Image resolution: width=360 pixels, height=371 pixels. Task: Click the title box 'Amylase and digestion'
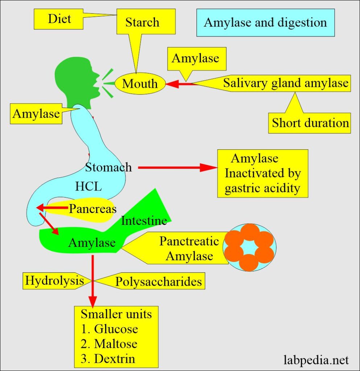265,22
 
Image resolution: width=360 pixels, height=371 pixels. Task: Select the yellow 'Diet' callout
60,18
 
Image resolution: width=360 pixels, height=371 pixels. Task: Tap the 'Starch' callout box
142,22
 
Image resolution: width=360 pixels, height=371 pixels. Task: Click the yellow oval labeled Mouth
140,84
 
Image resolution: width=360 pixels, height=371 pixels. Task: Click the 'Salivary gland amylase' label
285,83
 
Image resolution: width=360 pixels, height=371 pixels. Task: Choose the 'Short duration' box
310,123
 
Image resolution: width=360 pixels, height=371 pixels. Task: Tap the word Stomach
108,167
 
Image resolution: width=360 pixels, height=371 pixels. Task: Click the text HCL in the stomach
88,187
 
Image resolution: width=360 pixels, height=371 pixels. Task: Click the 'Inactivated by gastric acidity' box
262,174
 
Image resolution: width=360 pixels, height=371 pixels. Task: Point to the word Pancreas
93,209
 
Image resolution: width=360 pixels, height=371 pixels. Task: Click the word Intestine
144,221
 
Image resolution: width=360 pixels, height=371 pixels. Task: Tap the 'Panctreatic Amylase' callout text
189,249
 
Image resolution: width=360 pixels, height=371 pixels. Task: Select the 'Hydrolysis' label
53,281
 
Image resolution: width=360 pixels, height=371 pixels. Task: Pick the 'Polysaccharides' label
158,282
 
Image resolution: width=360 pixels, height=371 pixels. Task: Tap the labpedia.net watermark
316,360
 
